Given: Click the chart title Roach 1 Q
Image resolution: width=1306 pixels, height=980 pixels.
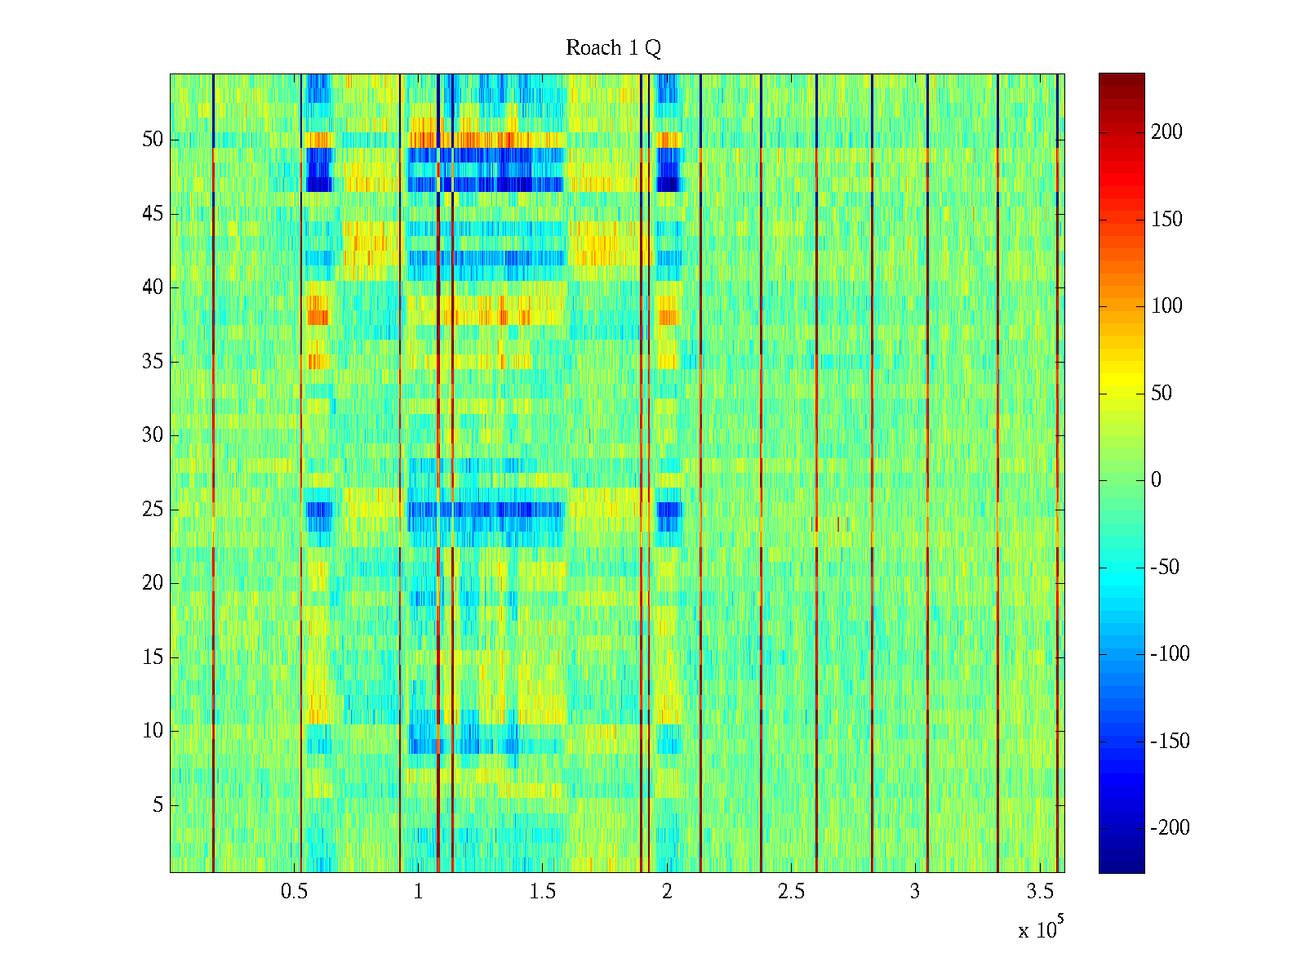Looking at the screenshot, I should [613, 49].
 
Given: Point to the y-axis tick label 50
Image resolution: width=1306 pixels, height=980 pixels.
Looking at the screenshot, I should [153, 140].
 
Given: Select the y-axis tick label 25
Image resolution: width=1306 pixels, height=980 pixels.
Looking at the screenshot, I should [153, 510].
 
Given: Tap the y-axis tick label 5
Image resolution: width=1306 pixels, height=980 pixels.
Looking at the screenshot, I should [158, 805].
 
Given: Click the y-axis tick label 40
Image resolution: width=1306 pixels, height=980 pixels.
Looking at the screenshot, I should [153, 287].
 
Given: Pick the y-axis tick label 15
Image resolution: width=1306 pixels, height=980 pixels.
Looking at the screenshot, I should [153, 657].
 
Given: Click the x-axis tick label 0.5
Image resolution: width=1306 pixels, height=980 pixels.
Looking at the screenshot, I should [294, 892].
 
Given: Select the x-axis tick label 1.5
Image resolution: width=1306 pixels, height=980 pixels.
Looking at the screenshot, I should [543, 892].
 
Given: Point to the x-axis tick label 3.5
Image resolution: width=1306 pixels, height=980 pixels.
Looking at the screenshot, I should [1040, 892].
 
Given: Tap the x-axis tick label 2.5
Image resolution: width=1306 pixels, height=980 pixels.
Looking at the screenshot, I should [791, 892].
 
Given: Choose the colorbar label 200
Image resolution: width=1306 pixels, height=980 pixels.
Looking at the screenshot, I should [1166, 132].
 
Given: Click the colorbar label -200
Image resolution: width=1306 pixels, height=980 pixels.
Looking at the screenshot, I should [1170, 828].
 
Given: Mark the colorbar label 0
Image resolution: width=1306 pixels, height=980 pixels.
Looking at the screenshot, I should [1156, 480].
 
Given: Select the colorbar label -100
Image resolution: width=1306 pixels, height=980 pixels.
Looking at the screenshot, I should [1170, 654].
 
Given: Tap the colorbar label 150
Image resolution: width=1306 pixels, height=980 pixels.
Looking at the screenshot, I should [1166, 220].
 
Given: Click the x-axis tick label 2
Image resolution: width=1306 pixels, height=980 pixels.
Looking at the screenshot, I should [667, 892].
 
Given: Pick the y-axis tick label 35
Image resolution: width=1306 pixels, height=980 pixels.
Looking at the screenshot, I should [153, 362].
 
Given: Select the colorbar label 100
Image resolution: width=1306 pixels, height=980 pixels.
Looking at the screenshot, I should [1166, 306].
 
